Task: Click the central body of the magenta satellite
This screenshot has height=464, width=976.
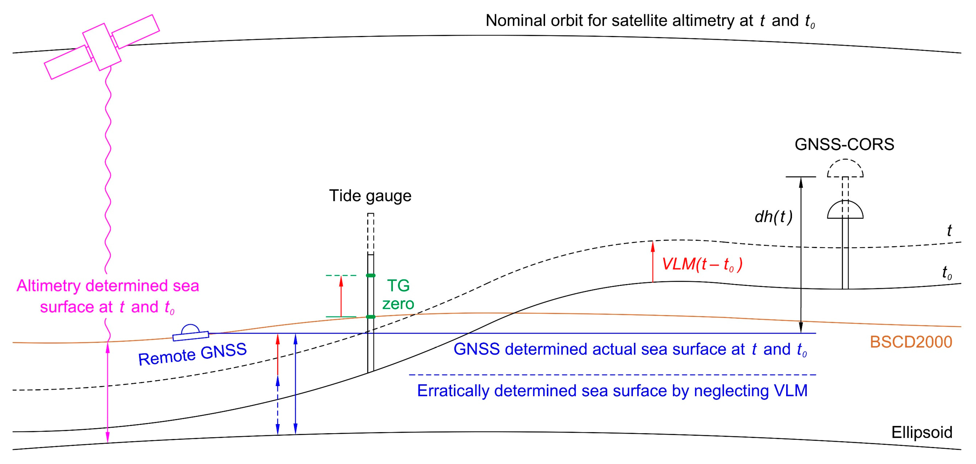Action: pyautogui.click(x=101, y=47)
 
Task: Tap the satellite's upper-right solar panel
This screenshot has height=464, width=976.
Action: pyautogui.click(x=135, y=32)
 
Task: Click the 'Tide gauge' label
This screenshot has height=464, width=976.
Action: pyautogui.click(x=370, y=196)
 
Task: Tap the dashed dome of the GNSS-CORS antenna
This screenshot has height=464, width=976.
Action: pyautogui.click(x=845, y=168)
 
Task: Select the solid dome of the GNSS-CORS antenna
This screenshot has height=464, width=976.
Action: pyautogui.click(x=845, y=210)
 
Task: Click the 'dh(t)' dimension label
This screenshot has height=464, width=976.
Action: pyautogui.click(x=773, y=217)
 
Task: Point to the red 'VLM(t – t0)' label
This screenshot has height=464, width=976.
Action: pyautogui.click(x=702, y=264)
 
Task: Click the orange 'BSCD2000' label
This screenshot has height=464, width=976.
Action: pyautogui.click(x=910, y=342)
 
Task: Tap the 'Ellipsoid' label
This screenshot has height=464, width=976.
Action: pyautogui.click(x=921, y=432)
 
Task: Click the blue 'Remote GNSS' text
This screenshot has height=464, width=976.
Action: pyautogui.click(x=192, y=354)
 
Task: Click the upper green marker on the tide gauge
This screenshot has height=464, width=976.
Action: pyautogui.click(x=371, y=275)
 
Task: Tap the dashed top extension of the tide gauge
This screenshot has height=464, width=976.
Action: pyautogui.click(x=371, y=233)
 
